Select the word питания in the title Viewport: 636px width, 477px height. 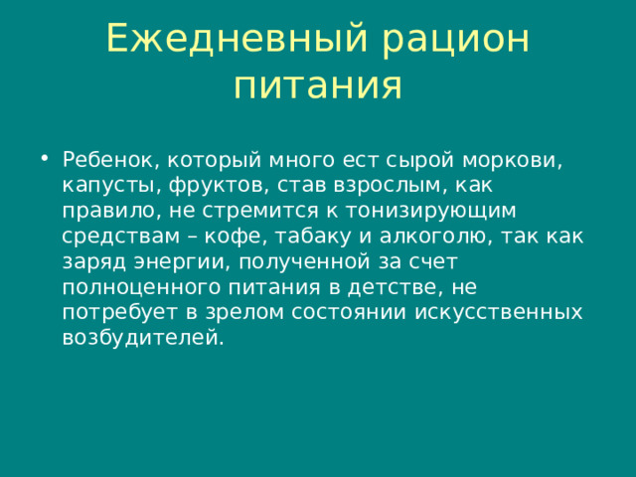click(318, 86)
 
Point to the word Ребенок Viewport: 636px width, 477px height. click(109, 160)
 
